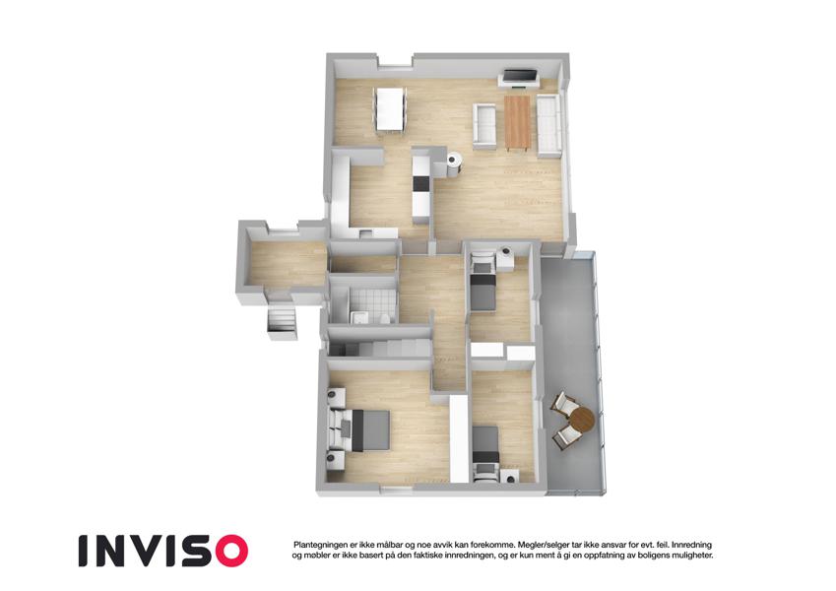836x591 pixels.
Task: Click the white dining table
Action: click(x=391, y=108)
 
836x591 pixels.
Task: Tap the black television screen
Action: click(x=520, y=75)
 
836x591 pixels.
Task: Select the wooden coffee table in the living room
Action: click(x=517, y=122)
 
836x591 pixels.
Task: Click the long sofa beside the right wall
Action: click(x=548, y=126)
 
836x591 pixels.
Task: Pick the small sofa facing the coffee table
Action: click(x=484, y=124)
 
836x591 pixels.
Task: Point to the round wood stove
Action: click(x=453, y=160)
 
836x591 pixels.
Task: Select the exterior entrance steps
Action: click(x=281, y=323)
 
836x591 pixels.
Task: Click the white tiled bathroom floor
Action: click(x=372, y=302)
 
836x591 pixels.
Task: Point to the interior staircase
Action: click(x=380, y=349)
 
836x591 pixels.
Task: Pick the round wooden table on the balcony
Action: click(x=581, y=421)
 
